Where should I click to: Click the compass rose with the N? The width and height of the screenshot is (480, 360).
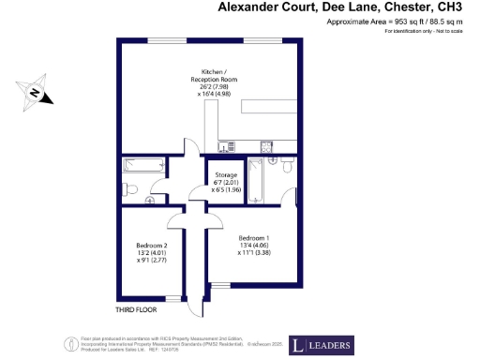pyautogui.click(x=33, y=92)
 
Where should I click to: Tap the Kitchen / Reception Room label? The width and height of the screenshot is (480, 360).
pyautogui.click(x=219, y=77)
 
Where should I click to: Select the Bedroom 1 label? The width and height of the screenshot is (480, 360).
pyautogui.click(x=254, y=236)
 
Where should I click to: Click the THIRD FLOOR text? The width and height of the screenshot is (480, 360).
pyautogui.click(x=134, y=308)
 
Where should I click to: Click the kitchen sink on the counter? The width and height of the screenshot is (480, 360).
pyautogui.click(x=265, y=145)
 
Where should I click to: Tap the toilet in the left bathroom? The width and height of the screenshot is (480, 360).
pyautogui.click(x=131, y=194)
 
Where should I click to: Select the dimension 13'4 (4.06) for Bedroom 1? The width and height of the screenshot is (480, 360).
pyautogui.click(x=254, y=246)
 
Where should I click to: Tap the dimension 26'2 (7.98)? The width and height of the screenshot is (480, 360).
pyautogui.click(x=219, y=85)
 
